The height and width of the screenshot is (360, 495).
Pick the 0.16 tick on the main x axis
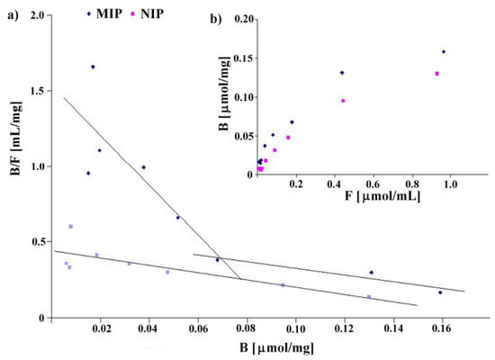[x=441, y=328]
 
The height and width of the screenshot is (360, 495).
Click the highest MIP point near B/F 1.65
[x=93, y=67]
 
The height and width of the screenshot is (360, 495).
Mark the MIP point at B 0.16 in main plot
[x=440, y=292]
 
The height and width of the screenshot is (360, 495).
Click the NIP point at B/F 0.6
[x=70, y=227]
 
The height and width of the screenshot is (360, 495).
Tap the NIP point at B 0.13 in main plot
[x=369, y=297]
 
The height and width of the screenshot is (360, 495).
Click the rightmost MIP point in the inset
[x=444, y=51]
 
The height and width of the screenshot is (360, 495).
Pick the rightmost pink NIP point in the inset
[x=437, y=74]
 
